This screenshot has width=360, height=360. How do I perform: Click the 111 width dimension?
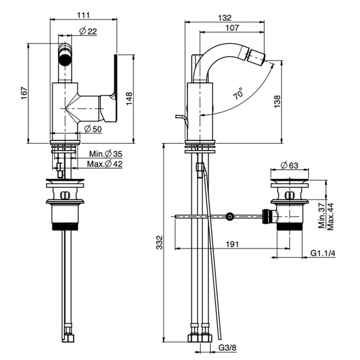83,15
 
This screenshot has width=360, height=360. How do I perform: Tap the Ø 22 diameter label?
88,32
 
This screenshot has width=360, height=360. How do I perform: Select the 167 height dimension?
23,94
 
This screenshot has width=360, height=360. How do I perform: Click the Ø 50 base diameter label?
91,129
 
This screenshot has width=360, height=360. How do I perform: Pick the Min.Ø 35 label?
105,154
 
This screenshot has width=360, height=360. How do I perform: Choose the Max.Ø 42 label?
105,164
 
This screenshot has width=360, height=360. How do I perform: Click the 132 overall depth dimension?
225,17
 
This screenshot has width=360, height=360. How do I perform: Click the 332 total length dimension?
159,240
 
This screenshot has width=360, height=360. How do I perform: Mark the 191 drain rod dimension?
232,245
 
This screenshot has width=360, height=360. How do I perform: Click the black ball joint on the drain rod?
230,217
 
